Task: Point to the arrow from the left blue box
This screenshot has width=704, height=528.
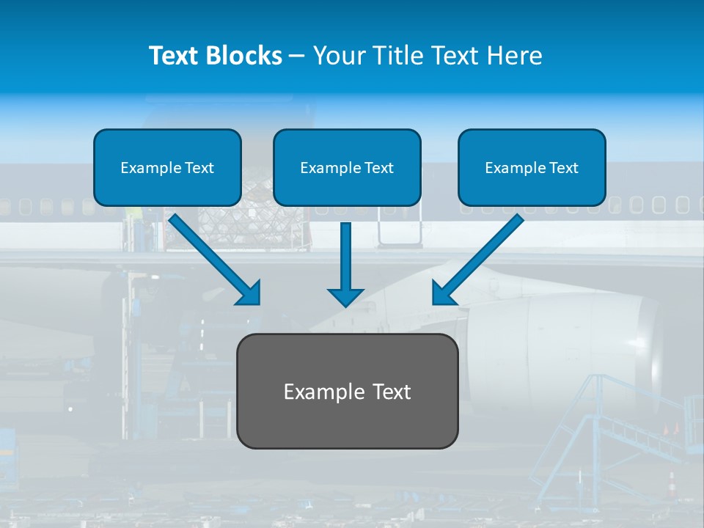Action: (213, 258)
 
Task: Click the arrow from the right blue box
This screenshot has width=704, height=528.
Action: (480, 258)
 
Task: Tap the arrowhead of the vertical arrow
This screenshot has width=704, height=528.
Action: (345, 296)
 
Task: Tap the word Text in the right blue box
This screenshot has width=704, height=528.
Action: (563, 168)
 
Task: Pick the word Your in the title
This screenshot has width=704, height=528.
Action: (338, 56)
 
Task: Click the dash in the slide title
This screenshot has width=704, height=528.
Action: (297, 56)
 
